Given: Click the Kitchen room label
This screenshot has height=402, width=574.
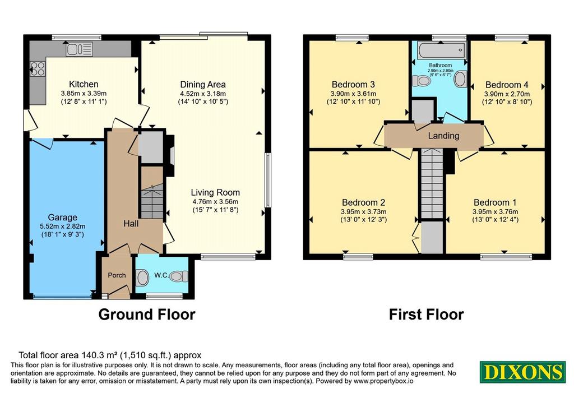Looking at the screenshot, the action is [84, 84].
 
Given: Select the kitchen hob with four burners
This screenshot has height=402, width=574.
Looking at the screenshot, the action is [38, 68].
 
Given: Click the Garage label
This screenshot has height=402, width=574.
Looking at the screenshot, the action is [63, 218].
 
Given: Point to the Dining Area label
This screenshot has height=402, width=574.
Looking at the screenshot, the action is [203, 85].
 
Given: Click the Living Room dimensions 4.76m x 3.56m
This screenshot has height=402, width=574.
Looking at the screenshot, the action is [215, 202].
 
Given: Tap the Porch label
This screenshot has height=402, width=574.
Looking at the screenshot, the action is [117, 275].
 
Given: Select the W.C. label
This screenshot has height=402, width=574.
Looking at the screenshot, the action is [161, 275].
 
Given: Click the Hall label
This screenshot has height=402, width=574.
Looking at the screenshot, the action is [131, 223].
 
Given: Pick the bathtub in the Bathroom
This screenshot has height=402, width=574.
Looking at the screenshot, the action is [442, 49].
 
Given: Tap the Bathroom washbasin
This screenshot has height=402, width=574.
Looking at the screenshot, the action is [461, 79].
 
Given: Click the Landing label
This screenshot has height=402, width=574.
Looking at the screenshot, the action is [444, 136].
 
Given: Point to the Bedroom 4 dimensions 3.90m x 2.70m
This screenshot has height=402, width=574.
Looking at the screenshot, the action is [507, 94].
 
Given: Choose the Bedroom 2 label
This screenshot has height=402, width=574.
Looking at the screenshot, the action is [363, 202].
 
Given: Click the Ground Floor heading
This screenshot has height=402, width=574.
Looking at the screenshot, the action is [147, 315].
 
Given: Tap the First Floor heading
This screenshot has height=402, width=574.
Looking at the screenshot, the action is [427, 315].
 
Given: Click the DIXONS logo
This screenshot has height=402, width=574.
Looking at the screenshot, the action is [523, 372].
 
